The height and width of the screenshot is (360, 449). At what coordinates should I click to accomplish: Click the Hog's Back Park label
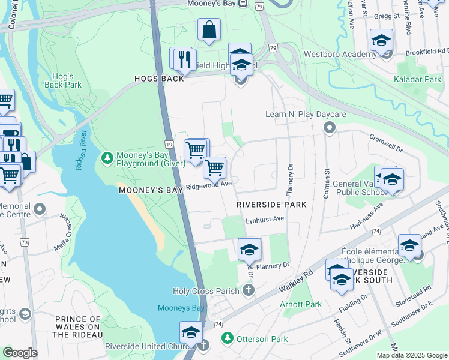63,80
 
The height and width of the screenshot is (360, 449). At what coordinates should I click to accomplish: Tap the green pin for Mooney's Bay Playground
107,158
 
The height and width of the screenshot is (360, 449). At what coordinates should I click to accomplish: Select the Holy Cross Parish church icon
249,291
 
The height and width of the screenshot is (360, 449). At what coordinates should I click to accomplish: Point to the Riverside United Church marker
203,346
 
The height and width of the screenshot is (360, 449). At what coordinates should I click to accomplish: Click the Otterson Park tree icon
227,338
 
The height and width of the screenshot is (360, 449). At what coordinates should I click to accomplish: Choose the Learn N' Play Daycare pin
329,127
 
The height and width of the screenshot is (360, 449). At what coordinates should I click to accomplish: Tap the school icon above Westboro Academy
381,40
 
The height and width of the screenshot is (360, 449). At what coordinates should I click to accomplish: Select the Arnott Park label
301,304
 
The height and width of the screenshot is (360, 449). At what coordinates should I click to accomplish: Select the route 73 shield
25,242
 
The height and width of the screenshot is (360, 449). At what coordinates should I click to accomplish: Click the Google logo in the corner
19,353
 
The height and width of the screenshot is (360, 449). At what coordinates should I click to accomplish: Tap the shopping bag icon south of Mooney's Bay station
209,29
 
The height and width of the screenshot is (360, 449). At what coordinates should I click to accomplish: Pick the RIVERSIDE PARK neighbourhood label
271,205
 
